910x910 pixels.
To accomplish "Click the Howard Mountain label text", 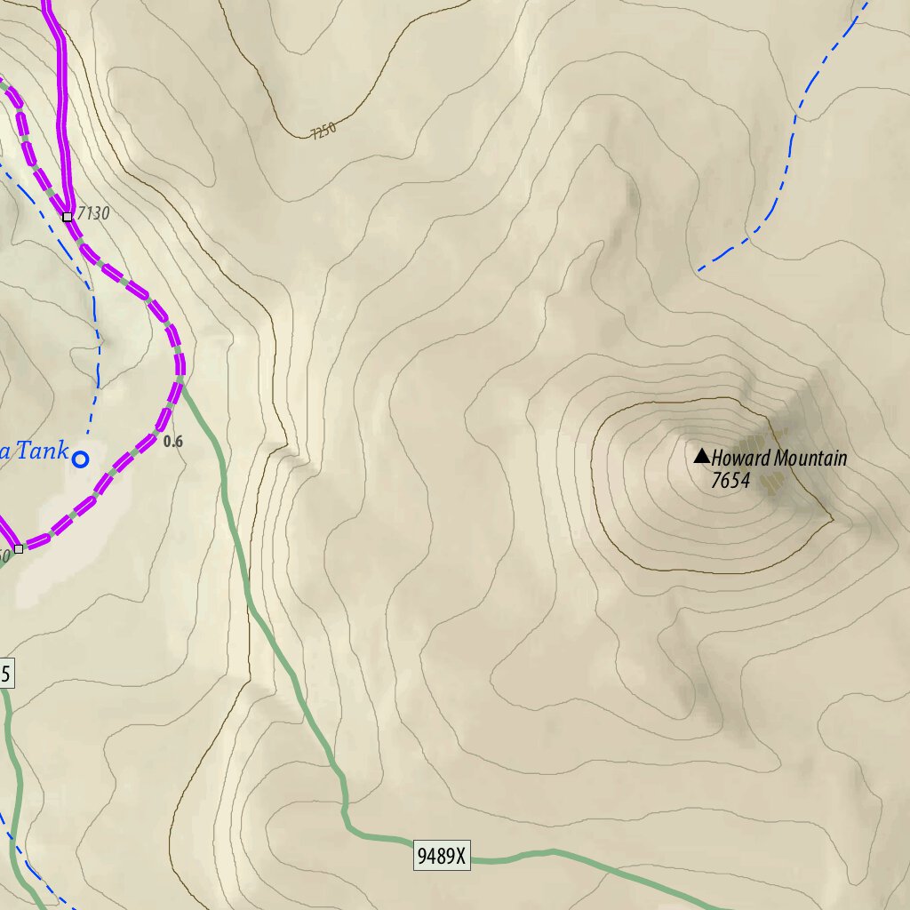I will click(x=778, y=459).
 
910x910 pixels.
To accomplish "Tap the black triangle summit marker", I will click(x=701, y=457).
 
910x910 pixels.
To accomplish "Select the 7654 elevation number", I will click(x=730, y=481).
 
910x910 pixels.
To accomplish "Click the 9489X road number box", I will click(x=442, y=857).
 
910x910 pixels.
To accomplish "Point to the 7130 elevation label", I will click(x=93, y=213).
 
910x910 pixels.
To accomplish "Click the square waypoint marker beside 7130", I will click(x=68, y=216).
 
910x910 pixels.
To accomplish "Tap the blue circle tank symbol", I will click(x=80, y=459).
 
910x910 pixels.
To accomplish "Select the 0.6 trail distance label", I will click(x=173, y=441).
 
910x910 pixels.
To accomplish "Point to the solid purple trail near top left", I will click(x=62, y=107).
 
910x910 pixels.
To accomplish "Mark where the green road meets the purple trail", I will click(x=181, y=380).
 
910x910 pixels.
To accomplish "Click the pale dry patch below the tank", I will click(x=62, y=560).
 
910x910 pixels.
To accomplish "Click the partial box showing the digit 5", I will click(x=6, y=675).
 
